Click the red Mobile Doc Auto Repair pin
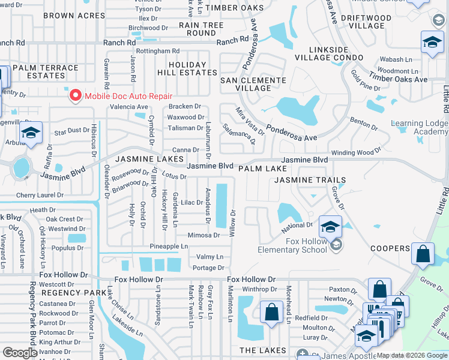(x=75, y=95)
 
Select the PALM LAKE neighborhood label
(x=262, y=169)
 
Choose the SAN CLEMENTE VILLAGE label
(x=253, y=84)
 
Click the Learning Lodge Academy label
(x=420, y=128)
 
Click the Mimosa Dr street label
(x=203, y=235)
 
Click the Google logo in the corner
(x=20, y=353)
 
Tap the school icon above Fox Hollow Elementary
(x=330, y=227)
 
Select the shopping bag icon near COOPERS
(x=423, y=254)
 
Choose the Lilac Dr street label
(x=191, y=203)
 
